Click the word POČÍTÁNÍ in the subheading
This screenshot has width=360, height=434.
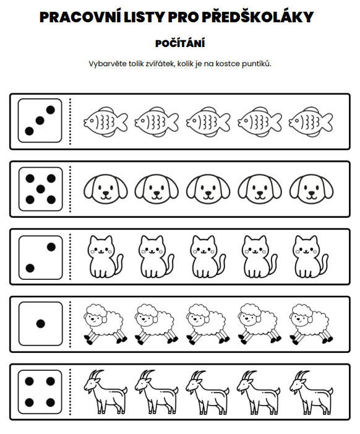[x=180, y=43]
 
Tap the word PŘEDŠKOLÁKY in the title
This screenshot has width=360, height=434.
[x=257, y=17]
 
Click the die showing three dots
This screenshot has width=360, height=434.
[x=40, y=121]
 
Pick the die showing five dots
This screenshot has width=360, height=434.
[x=41, y=189]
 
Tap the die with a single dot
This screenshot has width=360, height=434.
[x=41, y=324]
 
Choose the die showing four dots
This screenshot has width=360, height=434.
[x=40, y=392]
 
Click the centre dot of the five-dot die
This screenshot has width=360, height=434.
[x=41, y=189]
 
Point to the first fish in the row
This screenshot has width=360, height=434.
[x=105, y=122]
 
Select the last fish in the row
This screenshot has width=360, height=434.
[x=311, y=122]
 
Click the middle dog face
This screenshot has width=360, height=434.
[x=208, y=189]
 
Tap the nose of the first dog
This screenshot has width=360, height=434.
[x=105, y=193]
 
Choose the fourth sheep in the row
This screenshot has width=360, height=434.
[x=259, y=324]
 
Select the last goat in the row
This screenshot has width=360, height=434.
[x=311, y=392]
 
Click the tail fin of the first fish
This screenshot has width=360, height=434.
[x=122, y=122]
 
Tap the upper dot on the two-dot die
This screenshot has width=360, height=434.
[x=51, y=247]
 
